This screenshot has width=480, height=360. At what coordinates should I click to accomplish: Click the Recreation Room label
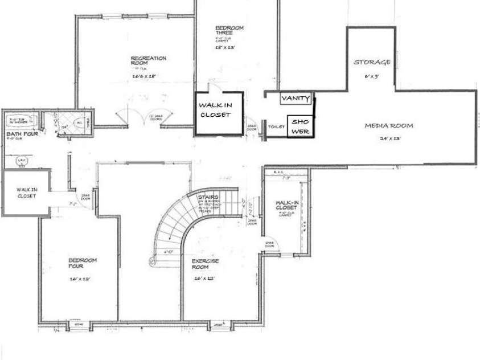[x=148, y=61]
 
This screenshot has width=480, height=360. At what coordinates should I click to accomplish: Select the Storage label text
[x=372, y=62]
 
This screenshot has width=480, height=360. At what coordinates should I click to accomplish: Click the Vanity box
[x=296, y=99]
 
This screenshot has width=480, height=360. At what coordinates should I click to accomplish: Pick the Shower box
[x=300, y=126]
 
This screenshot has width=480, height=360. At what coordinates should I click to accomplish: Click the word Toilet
[x=276, y=127]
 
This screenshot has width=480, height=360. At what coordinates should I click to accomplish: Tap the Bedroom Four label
[x=82, y=263]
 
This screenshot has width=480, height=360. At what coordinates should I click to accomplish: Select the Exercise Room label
[x=205, y=264]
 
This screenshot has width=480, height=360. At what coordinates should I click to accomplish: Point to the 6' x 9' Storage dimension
[x=371, y=75]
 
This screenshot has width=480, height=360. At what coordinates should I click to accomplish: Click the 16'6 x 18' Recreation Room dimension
[x=145, y=75]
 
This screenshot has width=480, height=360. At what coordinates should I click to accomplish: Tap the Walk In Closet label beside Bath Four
[x=26, y=192]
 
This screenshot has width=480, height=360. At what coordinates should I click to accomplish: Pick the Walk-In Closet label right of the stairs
[x=285, y=206]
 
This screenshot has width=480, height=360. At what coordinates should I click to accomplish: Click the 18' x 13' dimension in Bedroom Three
[x=225, y=48]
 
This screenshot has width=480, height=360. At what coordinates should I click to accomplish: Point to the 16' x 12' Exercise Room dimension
[x=204, y=279]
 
